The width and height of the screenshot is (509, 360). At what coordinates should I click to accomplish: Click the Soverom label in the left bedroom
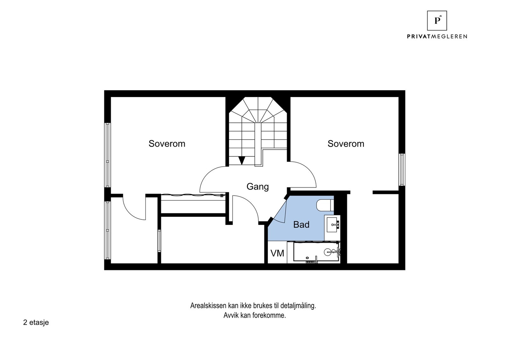click(x=167, y=144)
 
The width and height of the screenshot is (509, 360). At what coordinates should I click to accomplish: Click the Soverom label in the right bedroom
click(x=346, y=144)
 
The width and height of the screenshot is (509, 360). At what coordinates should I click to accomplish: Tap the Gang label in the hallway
click(x=257, y=187)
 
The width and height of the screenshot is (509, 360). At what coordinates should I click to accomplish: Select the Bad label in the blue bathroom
click(x=301, y=225)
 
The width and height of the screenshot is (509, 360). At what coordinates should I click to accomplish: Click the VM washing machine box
click(x=277, y=253)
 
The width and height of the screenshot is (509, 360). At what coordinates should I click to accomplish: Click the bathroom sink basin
click(x=333, y=225)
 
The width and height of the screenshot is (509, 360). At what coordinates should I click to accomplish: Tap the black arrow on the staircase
click(x=242, y=160)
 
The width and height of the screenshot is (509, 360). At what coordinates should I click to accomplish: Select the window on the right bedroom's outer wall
click(x=402, y=170)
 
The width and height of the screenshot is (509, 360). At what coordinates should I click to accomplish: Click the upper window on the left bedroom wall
click(x=108, y=155)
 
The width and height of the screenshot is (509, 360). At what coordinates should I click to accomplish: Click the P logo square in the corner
click(x=437, y=21)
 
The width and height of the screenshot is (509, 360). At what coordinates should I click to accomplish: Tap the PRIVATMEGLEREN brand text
click(x=437, y=37)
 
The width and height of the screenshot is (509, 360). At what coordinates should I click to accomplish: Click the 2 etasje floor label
click(x=36, y=322)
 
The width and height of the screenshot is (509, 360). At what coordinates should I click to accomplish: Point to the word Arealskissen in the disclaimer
click(x=208, y=306)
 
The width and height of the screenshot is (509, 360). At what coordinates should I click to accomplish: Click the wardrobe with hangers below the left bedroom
click(x=192, y=196)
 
